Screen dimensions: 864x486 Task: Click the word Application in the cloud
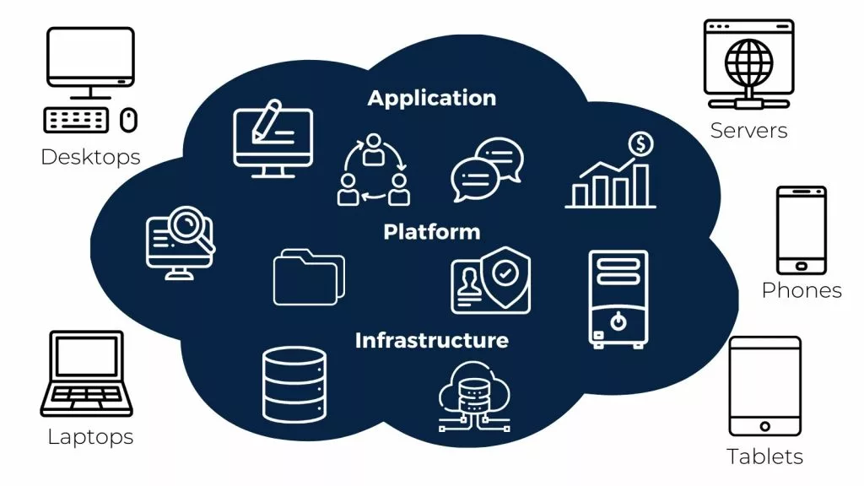[431, 99]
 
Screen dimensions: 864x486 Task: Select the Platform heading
[431, 231]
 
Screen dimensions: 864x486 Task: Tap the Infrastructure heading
[431, 340]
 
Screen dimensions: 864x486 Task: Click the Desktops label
[90, 158]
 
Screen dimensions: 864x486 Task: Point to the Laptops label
[90, 437]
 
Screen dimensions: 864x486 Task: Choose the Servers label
[749, 131]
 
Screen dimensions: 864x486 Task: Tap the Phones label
[802, 290]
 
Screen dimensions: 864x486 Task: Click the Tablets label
[764, 456]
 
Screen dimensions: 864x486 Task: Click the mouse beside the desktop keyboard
[128, 120]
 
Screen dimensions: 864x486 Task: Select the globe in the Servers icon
[749, 62]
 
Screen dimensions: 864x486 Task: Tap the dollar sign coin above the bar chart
[641, 143]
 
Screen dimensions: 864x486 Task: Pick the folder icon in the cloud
[309, 277]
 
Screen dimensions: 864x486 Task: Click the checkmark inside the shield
[505, 273]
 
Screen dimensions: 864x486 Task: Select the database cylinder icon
[294, 385]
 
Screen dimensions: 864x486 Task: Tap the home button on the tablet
[764, 426]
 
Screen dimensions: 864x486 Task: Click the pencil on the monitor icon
[267, 121]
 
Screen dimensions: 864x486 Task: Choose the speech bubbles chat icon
[487, 169]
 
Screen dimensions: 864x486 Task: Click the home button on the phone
[802, 267]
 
